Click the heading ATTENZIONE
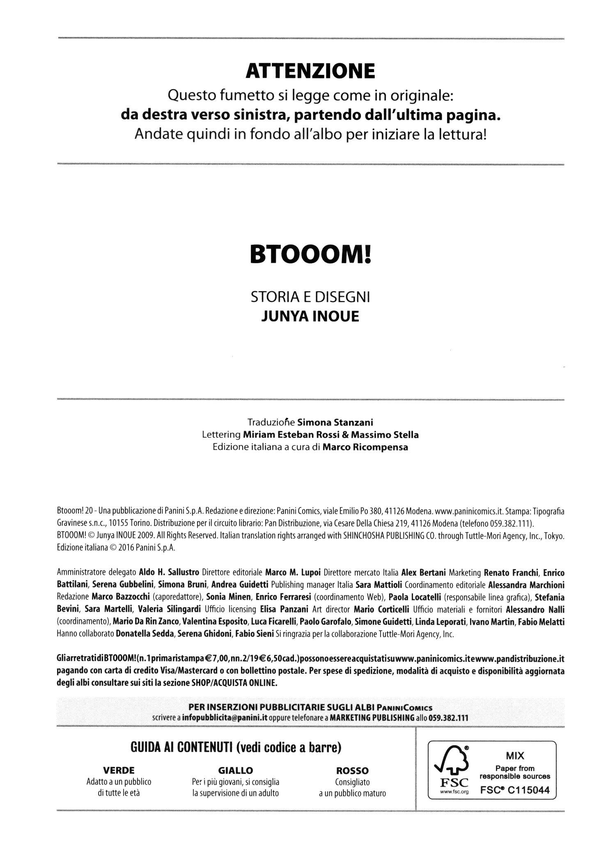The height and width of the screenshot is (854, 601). point(310,72)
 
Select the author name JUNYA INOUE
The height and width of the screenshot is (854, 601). point(310,317)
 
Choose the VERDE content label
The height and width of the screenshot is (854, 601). point(119,770)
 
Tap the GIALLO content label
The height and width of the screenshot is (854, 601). point(236,770)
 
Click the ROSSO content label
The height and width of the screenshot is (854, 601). point(352,770)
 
